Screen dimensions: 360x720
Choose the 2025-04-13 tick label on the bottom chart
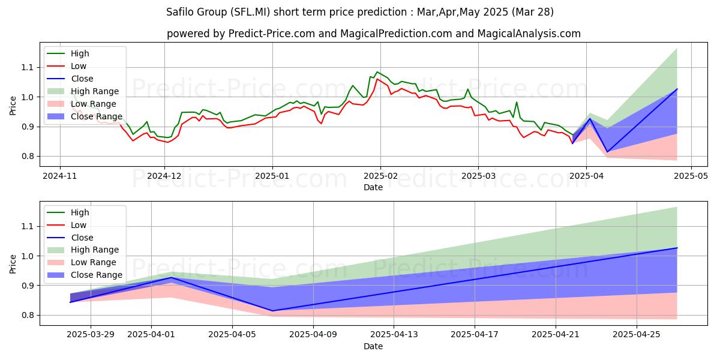click(394, 337)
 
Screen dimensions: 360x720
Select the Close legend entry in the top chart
click(82, 79)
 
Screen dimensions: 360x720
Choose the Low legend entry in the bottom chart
click(78, 225)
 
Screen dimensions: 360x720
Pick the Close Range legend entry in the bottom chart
click(96, 275)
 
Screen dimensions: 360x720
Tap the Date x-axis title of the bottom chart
click(373, 347)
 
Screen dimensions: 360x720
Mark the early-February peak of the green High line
click(377, 72)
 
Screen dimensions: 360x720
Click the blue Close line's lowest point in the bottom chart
click(272, 311)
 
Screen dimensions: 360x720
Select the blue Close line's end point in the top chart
click(677, 89)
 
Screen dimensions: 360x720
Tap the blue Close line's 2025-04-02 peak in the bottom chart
click(172, 277)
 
